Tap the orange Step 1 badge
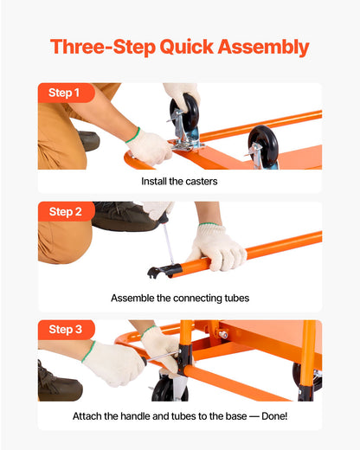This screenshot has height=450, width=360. pyautogui.click(x=65, y=93)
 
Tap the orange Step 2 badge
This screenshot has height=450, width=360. pyautogui.click(x=65, y=212)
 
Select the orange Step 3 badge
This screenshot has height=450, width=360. pyautogui.click(x=65, y=330)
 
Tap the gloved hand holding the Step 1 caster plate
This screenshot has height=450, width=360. pyautogui.click(x=149, y=146)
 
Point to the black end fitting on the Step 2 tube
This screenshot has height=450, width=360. pyautogui.click(x=158, y=272)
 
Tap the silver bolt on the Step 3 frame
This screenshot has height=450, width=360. pyautogui.click(x=222, y=334)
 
